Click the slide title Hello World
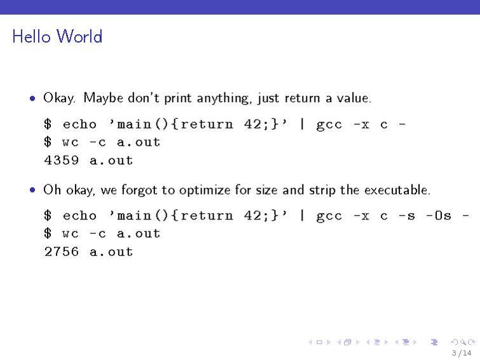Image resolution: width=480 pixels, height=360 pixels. pos(57,36)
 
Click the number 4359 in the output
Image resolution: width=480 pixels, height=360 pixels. pos(62,160)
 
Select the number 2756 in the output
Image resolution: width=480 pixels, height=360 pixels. pos(62,252)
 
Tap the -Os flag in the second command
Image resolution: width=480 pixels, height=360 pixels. pos(439,216)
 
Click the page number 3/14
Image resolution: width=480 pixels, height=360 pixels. pos(462,353)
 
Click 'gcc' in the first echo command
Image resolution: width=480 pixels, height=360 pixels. pos(329,124)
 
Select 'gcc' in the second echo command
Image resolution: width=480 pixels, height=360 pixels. pos(329,216)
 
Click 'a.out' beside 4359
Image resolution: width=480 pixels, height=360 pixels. pos(111,160)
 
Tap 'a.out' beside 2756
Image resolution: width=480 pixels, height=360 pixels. pos(111,252)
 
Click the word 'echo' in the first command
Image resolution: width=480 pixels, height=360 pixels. pos(79,124)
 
